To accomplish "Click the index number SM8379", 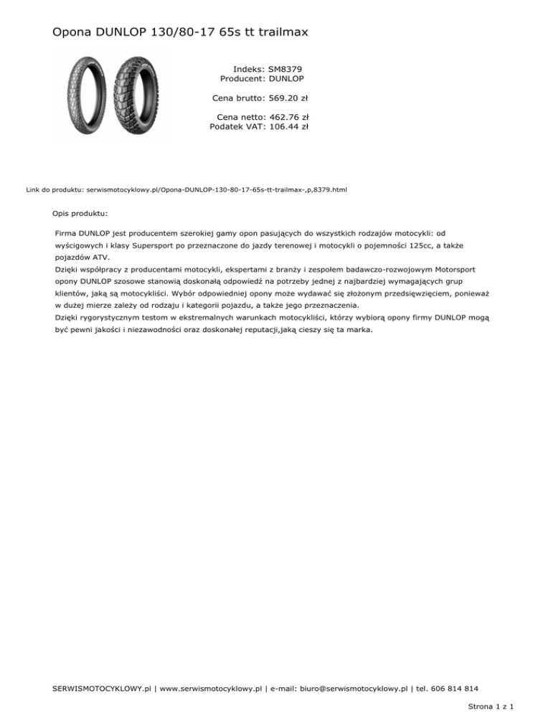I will point(286,68).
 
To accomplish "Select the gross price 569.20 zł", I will point(288,98).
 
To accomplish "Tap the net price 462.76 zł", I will point(288,117).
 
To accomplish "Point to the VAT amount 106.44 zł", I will point(288,127).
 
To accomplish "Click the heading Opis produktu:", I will point(81,213).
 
